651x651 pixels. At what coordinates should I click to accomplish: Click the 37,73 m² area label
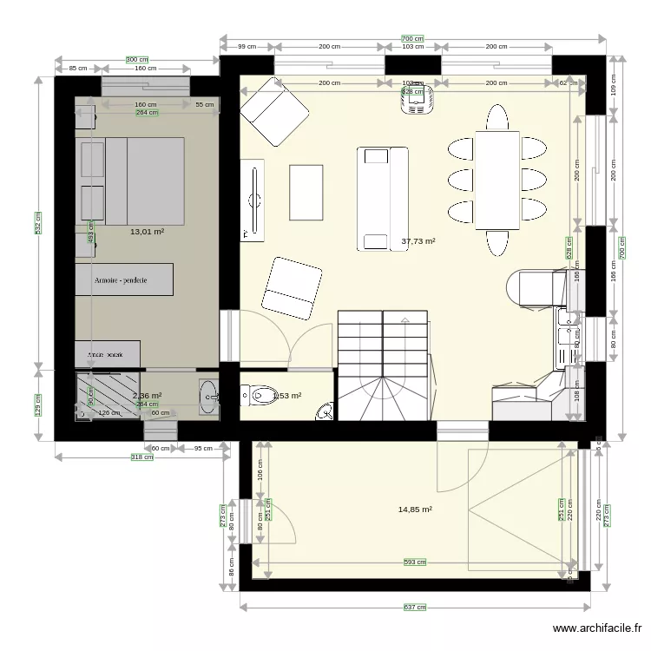418,242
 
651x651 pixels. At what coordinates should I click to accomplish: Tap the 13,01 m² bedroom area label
147,232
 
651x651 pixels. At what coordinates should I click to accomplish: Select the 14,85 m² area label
415,510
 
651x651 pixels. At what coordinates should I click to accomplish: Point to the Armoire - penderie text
123,280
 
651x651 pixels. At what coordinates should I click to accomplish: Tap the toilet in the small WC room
257,396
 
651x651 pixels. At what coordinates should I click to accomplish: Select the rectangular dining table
496,180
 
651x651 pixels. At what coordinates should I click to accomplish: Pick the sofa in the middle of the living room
382,199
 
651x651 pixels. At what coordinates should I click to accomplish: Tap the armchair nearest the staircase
293,287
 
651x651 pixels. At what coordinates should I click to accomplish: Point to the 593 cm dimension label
415,562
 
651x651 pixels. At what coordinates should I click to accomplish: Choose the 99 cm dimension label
247,47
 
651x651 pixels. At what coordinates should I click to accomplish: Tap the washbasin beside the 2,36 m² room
208,396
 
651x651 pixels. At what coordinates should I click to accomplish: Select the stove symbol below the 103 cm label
415,102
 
